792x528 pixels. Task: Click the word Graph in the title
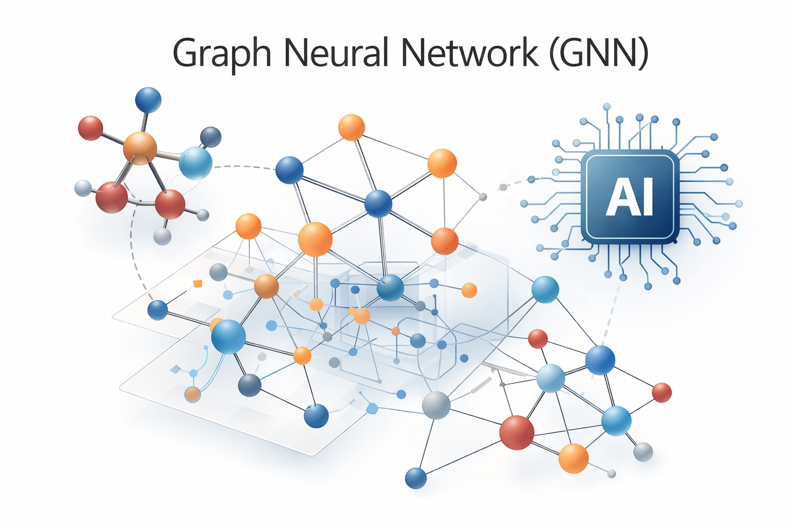tap(222, 53)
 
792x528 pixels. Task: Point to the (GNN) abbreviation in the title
tap(598, 53)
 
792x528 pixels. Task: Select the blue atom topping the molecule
tap(148, 100)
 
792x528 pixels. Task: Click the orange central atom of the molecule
tap(140, 148)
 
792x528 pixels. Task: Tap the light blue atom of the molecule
tap(195, 163)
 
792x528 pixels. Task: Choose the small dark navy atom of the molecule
tap(210, 137)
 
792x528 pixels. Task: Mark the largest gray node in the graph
tap(436, 405)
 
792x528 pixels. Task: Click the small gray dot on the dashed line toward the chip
tap(483, 196)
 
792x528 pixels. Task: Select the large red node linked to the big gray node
tap(517, 432)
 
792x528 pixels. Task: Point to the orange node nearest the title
tap(352, 127)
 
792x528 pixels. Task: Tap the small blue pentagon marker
tap(371, 409)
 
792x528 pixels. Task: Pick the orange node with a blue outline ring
tap(192, 394)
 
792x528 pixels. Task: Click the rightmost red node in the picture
tap(662, 393)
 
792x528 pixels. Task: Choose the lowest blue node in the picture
tap(416, 478)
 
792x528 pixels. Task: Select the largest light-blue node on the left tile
tap(228, 336)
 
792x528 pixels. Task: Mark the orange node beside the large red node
tap(573, 458)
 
